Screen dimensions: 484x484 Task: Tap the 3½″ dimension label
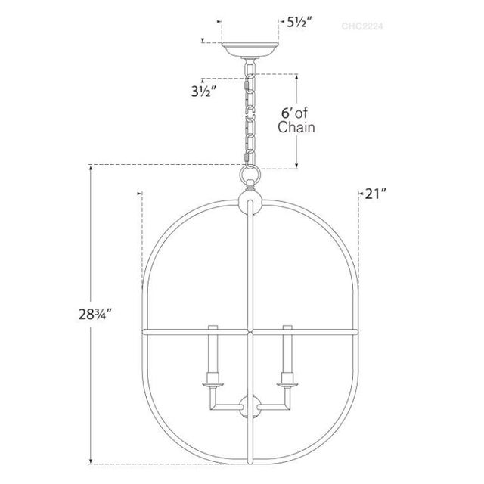pyautogui.click(x=203, y=92)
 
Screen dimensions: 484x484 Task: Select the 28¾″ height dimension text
pyautogui.click(x=95, y=315)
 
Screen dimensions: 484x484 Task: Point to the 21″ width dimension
pyautogui.click(x=376, y=194)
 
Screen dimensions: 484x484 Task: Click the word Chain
pyautogui.click(x=296, y=127)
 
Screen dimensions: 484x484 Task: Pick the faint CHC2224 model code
pyautogui.click(x=362, y=26)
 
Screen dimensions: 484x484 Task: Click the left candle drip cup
pyautogui.click(x=213, y=384)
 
